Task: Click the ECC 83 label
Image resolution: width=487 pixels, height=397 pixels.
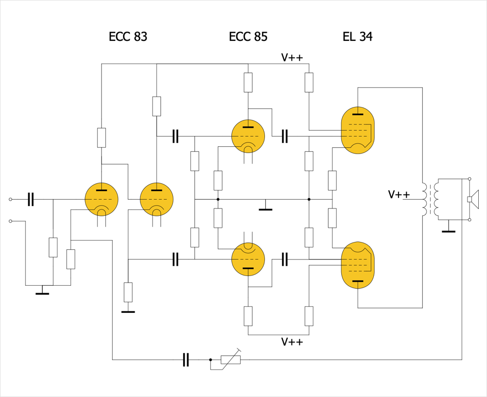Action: point(128,36)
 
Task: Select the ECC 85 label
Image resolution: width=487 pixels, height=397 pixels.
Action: point(248,36)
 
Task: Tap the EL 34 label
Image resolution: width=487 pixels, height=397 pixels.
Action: point(358,36)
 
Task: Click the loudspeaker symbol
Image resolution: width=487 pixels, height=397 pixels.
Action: point(472,199)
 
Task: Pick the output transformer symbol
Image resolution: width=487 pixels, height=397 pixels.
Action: point(430,199)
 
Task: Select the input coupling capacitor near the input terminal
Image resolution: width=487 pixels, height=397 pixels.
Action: point(31,199)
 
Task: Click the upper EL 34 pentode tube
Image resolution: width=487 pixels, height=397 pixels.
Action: point(358,130)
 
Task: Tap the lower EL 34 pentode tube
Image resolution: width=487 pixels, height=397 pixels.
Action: point(358,265)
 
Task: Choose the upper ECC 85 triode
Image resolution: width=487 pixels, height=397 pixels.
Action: point(248,136)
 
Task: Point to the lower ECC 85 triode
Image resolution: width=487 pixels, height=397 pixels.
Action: point(248,259)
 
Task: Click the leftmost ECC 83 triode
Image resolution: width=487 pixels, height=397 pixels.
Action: point(102,199)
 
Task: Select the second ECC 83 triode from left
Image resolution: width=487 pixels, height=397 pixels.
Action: point(157,199)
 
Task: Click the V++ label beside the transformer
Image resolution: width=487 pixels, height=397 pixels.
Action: point(399,195)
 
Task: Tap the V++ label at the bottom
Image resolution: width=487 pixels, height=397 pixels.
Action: point(292,342)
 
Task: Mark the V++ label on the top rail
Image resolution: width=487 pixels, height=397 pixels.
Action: point(292,57)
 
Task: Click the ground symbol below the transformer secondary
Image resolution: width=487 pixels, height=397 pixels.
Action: point(448,231)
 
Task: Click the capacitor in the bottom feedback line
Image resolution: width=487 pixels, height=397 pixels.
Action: point(186,360)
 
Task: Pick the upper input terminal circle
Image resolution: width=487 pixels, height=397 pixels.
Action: point(10,199)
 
